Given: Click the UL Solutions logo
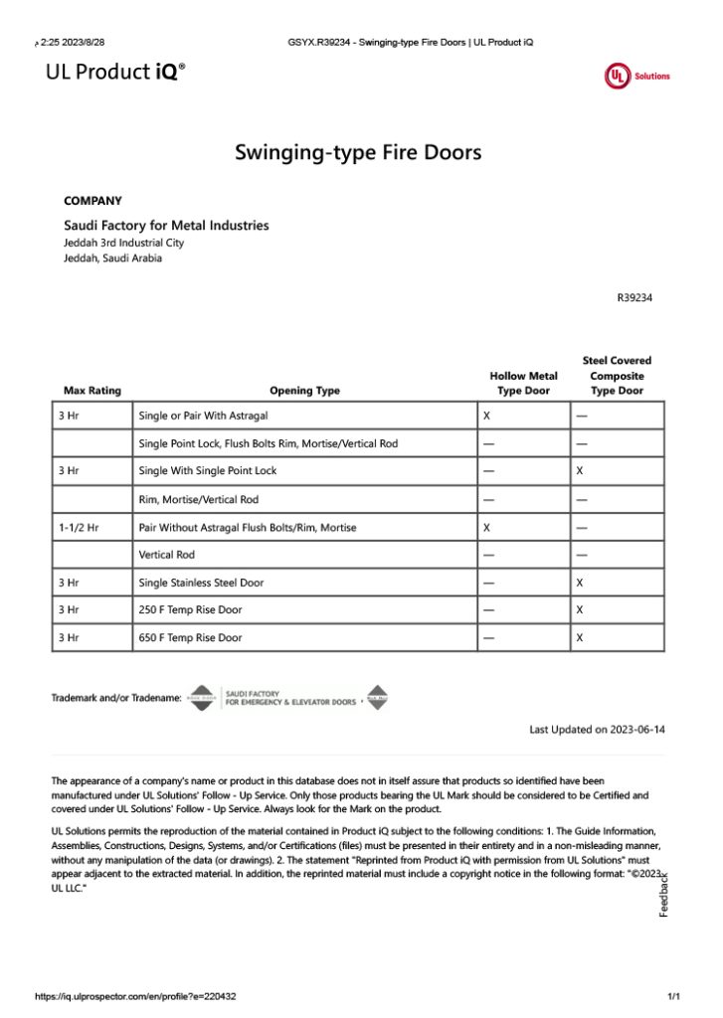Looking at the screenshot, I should point(636,76).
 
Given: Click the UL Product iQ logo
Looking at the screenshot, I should point(115,71).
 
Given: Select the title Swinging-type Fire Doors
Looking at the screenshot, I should point(358,152).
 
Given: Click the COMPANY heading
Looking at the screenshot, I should point(92,201).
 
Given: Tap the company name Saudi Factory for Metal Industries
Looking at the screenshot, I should point(166,226).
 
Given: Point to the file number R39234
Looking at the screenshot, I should point(634,296).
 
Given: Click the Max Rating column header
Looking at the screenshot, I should point(91,391).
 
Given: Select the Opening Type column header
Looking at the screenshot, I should point(304,391).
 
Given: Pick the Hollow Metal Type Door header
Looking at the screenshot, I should point(523,383).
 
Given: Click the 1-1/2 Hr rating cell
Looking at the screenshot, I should point(79,527).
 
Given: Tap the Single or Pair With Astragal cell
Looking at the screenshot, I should point(204,416).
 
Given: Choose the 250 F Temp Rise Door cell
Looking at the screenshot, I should point(190,609).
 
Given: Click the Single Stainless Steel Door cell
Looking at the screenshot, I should point(202,583).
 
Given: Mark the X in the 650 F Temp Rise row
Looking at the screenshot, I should point(580,637).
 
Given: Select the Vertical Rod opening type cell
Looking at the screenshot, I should point(166,555).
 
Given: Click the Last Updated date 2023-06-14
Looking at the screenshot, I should point(597,730).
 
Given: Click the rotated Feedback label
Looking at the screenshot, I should point(664,894).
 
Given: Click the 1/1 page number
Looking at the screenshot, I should point(673,996).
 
